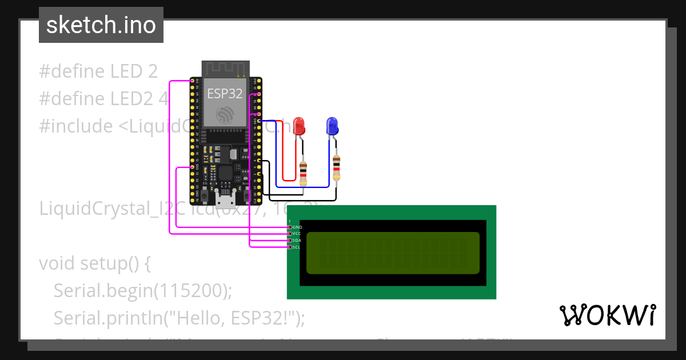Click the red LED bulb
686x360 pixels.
click(298, 126)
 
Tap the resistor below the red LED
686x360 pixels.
click(303, 172)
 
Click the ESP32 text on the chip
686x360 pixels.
click(225, 94)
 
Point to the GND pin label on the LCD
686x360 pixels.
click(297, 227)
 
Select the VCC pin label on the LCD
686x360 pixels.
click(297, 234)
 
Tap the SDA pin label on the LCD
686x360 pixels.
click(297, 241)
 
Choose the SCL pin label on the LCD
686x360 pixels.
click(297, 247)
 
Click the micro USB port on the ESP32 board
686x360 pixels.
click(225, 199)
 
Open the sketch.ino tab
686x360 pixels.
click(101, 25)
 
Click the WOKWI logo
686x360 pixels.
click(607, 315)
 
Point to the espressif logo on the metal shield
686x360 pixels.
click(225, 116)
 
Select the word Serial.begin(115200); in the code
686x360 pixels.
click(143, 291)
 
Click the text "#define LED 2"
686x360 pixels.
click(98, 71)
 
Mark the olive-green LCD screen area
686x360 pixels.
click(393, 253)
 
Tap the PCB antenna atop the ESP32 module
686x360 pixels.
click(225, 68)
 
